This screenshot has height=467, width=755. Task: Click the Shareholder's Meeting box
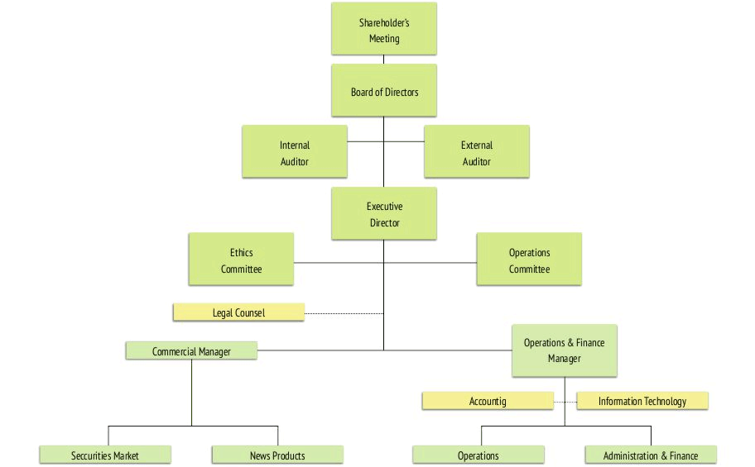pyautogui.click(x=384, y=28)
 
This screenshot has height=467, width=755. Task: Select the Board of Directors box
pyautogui.click(x=384, y=90)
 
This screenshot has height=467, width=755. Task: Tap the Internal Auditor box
pyautogui.click(x=295, y=151)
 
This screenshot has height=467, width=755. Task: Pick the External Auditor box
pyautogui.click(x=477, y=151)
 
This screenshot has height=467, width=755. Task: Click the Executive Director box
pyautogui.click(x=384, y=213)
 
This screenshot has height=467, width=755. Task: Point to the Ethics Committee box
pyautogui.click(x=241, y=260)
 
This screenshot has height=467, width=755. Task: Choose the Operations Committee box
pyautogui.click(x=529, y=260)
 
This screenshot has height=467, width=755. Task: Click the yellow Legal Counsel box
pyautogui.click(x=238, y=312)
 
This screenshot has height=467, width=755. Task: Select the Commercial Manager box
pyautogui.click(x=191, y=350)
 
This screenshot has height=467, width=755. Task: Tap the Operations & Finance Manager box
pyautogui.click(x=565, y=350)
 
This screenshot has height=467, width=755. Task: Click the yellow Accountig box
pyautogui.click(x=488, y=401)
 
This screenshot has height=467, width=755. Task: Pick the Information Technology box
pyautogui.click(x=642, y=401)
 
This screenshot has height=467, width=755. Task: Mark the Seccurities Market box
pyautogui.click(x=105, y=455)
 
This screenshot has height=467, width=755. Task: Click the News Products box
pyautogui.click(x=277, y=455)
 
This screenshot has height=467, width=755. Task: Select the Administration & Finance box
pyautogui.click(x=651, y=455)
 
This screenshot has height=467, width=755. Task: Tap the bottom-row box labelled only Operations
pyautogui.click(x=478, y=455)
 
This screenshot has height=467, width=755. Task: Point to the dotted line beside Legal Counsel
pyautogui.click(x=344, y=313)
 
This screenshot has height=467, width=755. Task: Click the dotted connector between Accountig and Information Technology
pyautogui.click(x=565, y=402)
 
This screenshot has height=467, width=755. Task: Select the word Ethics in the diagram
pyautogui.click(x=241, y=252)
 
